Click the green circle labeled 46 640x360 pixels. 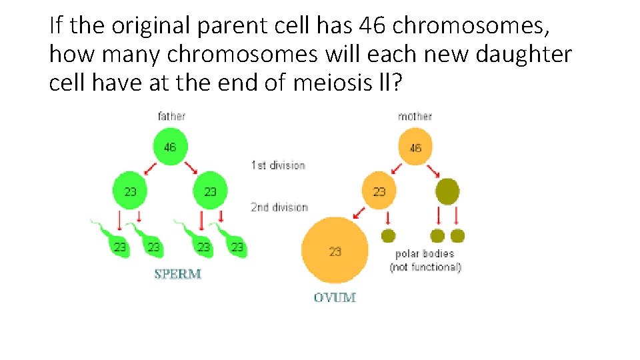pyautogui.click(x=170, y=146)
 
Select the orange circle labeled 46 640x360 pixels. pyautogui.click(x=415, y=147)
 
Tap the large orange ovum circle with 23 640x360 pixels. pyautogui.click(x=335, y=251)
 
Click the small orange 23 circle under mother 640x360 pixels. pyautogui.click(x=379, y=191)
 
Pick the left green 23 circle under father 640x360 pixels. pyautogui.click(x=131, y=191)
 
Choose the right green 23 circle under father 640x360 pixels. pyautogui.click(x=210, y=191)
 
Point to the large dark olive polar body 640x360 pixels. pyautogui.click(x=447, y=191)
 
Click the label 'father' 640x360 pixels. pyautogui.click(x=171, y=116)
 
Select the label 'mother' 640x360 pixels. pyautogui.click(x=415, y=116)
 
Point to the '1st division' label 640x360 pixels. pyautogui.click(x=278, y=165)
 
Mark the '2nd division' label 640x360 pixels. pyautogui.click(x=279, y=207)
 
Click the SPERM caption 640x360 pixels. pyautogui.click(x=177, y=273)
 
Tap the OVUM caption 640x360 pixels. pyautogui.click(x=335, y=297)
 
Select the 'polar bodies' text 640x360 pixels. pyautogui.click(x=425, y=253)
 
